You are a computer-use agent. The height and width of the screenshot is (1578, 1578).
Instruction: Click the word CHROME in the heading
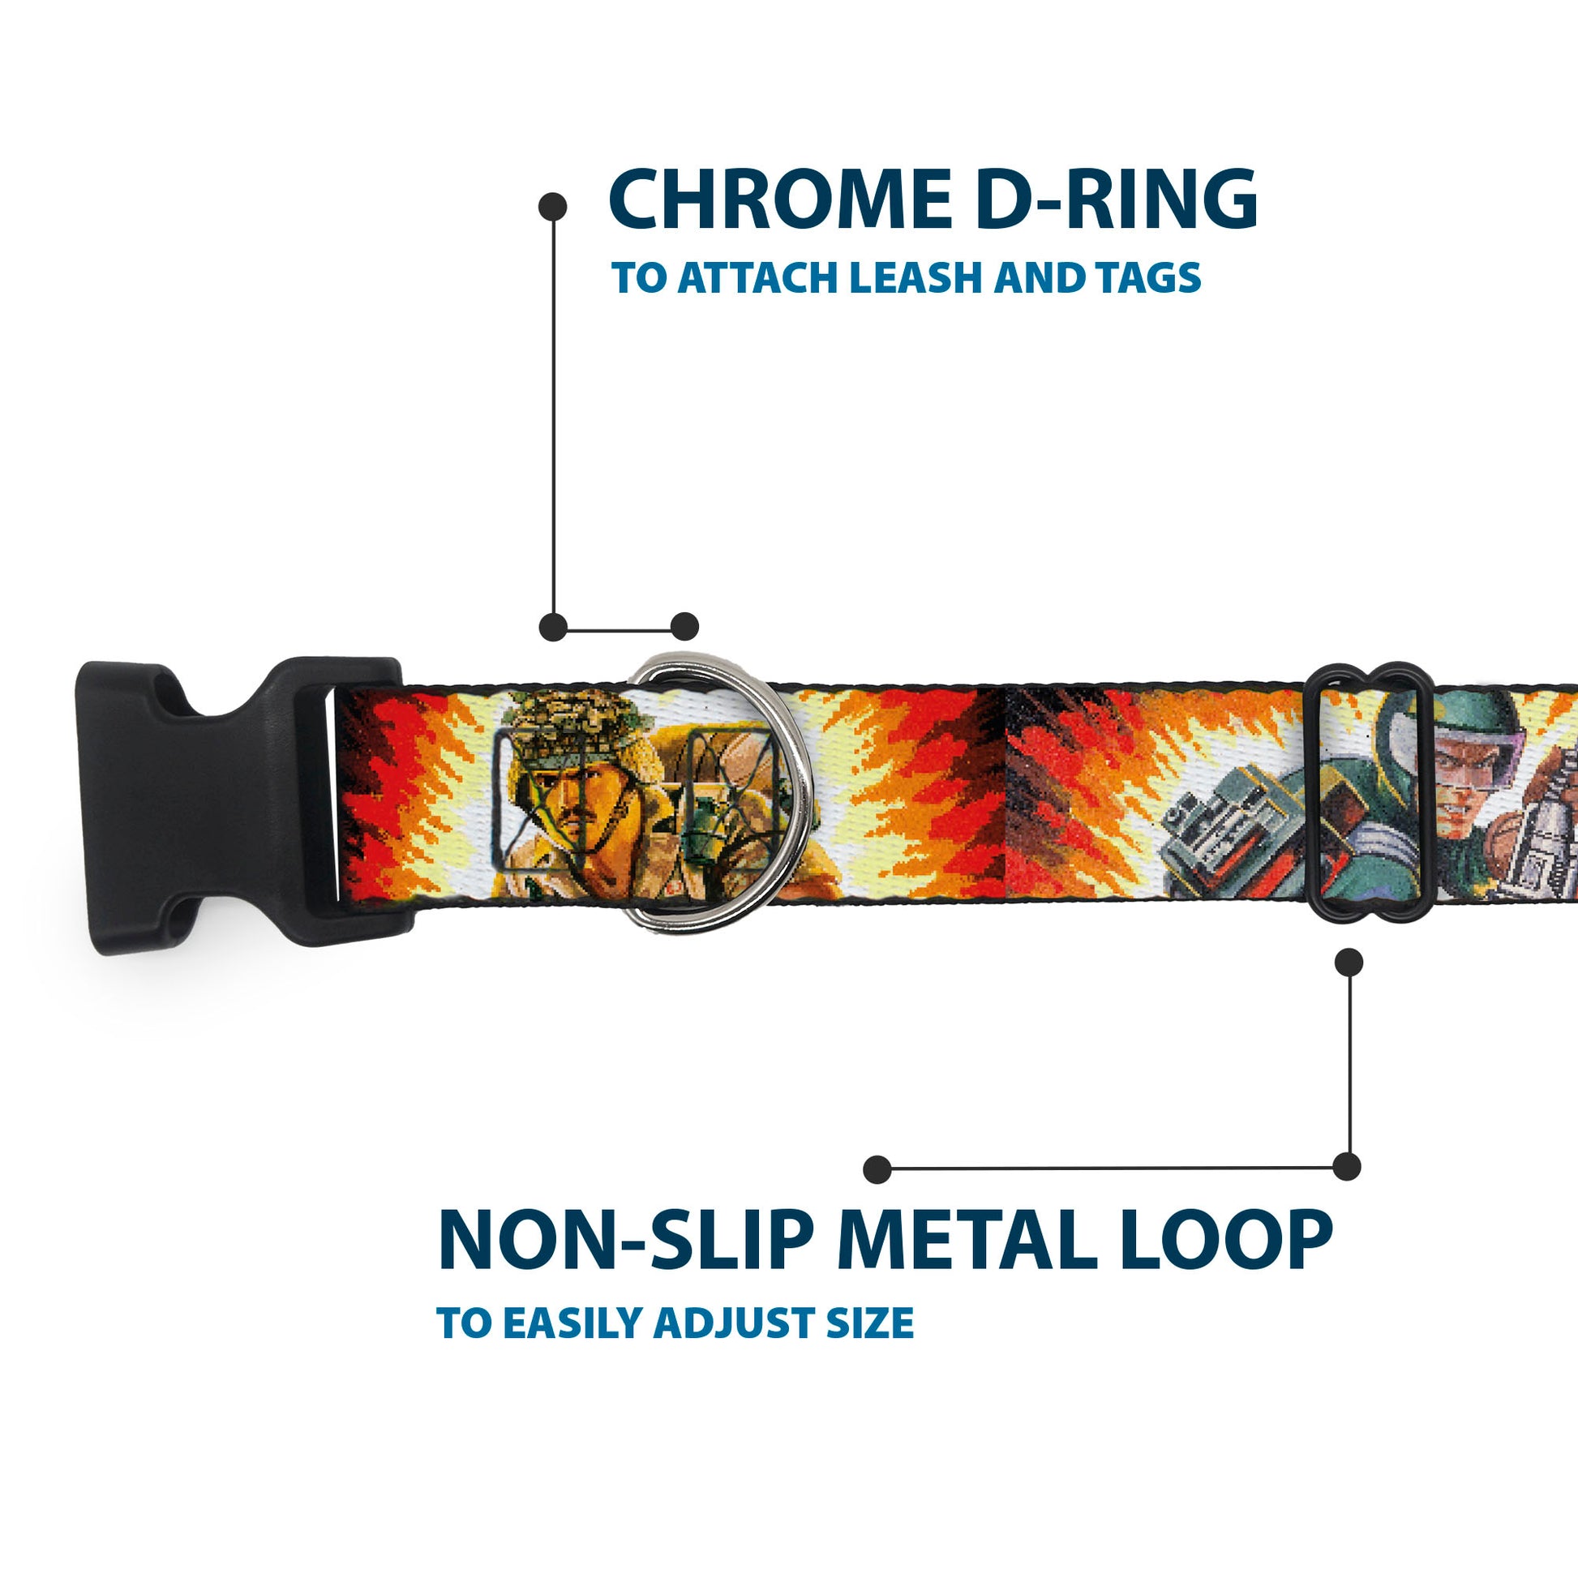780,199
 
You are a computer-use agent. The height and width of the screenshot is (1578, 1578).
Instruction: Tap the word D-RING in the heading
1117,199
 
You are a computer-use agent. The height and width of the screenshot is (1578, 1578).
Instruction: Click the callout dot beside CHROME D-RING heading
553,207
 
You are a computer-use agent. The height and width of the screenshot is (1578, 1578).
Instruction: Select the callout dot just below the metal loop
1349,963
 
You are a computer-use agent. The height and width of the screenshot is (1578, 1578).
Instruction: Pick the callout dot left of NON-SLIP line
877,1168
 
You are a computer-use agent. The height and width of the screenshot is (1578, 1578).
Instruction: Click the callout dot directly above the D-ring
684,627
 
